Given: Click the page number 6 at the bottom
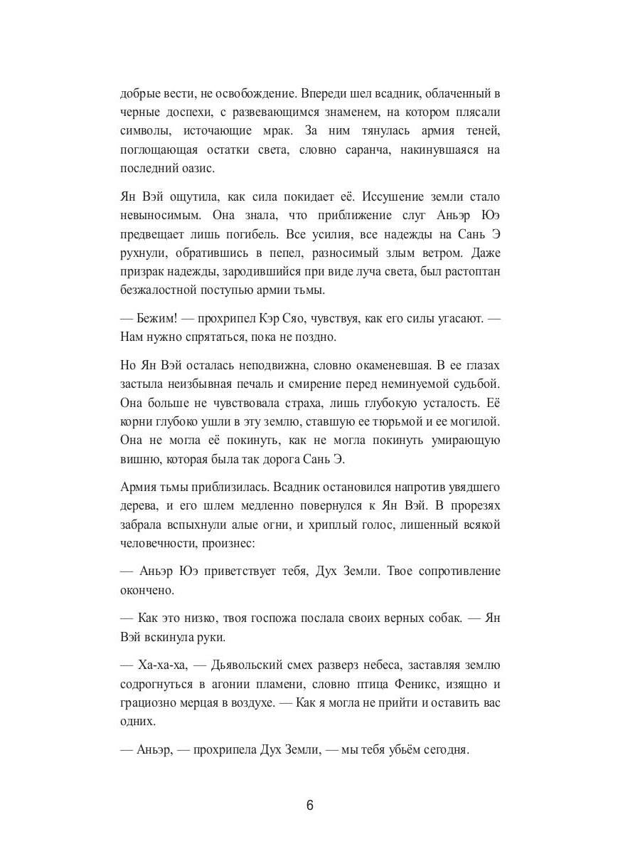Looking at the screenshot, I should (309, 806).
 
